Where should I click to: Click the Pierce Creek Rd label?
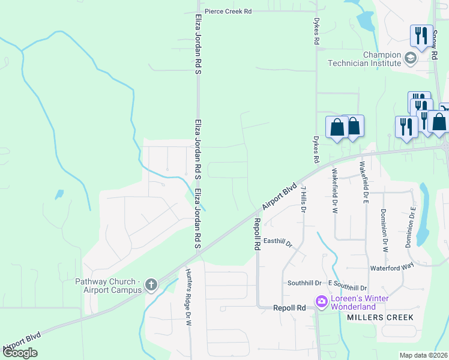pos(228,11)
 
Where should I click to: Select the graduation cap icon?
pos(411,58)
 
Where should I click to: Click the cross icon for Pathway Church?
pos(151,284)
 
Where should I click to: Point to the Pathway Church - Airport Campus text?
pos(108,286)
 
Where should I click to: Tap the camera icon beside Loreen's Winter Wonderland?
pos(321,301)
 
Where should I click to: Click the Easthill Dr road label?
pos(277,242)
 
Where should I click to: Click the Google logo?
pos(20,353)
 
